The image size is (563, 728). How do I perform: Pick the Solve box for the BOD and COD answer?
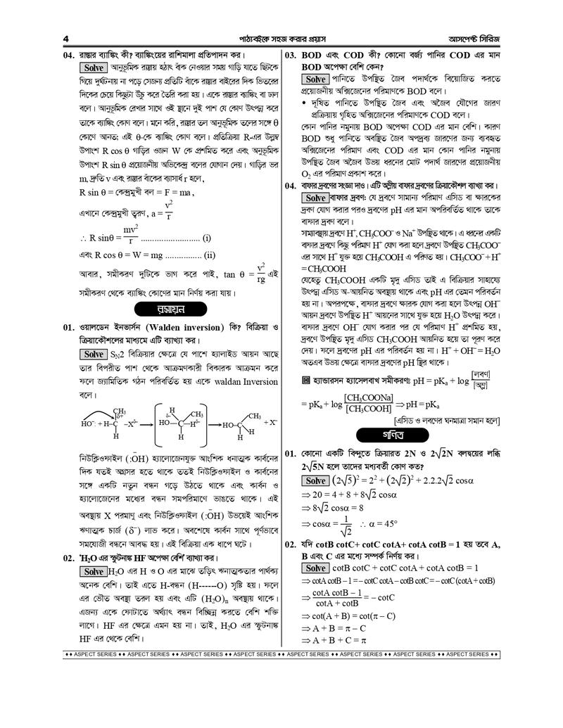[x=316, y=80]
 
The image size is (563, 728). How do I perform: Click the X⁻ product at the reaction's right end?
[x=270, y=423]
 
